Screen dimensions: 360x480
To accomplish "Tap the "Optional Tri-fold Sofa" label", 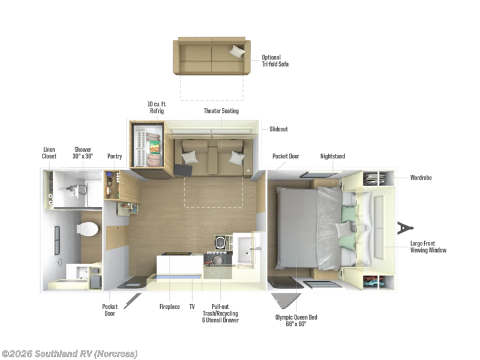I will click(275, 61).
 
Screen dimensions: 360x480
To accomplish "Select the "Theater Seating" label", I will click(221, 111).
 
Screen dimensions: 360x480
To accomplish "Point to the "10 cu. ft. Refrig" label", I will click(156, 107).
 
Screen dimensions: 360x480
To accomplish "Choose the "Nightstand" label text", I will click(332, 156).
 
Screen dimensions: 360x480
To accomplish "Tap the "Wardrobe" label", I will click(421, 178).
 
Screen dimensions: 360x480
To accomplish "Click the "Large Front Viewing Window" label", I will click(428, 246).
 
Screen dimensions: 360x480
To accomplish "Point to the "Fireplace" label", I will click(169, 307).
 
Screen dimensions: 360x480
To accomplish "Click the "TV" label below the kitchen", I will click(192, 307).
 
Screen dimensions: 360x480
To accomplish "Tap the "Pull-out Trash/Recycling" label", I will click(220, 313).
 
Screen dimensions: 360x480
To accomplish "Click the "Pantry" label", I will click(115, 156).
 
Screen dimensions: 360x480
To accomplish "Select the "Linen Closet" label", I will click(49, 152).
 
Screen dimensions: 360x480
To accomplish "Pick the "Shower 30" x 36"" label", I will click(83, 152).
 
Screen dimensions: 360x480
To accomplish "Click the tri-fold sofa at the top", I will click(212, 56).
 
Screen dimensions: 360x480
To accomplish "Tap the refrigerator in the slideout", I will click(148, 146).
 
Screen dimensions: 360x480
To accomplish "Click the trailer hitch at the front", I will click(405, 229).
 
